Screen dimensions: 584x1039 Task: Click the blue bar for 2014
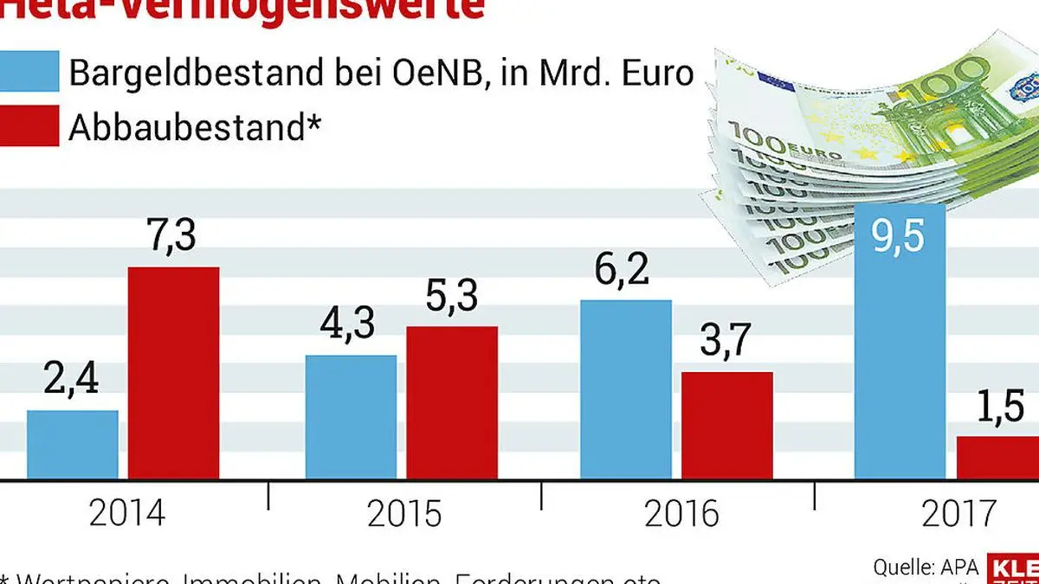(x=73, y=445)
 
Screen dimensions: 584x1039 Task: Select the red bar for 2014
(x=174, y=373)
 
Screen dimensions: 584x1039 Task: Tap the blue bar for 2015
(x=351, y=417)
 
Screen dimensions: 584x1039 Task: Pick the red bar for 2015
(x=452, y=402)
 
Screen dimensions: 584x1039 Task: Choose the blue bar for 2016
(x=625, y=389)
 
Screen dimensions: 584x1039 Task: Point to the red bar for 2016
(x=726, y=425)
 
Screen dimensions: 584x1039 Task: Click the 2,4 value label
(x=72, y=380)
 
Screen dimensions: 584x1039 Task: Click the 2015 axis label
(x=404, y=515)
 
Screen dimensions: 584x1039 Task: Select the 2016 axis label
(x=681, y=515)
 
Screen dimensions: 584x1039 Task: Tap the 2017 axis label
(x=957, y=515)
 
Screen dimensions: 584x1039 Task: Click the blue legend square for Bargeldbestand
(x=29, y=72)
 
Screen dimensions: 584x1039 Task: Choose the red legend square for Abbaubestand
(x=29, y=126)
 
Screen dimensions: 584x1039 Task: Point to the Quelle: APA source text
(x=926, y=568)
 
